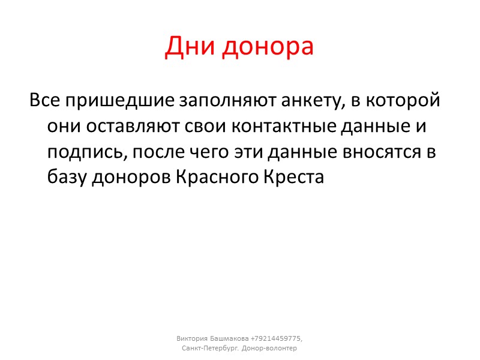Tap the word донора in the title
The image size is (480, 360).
pyautogui.click(x=268, y=46)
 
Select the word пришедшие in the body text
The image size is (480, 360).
pyautogui.click(x=112, y=101)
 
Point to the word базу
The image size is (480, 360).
pyautogui.click(x=67, y=178)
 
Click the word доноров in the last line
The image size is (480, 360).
pyautogui.click(x=131, y=178)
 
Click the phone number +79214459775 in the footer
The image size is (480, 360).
pyautogui.click(x=277, y=337)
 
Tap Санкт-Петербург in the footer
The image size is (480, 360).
pyautogui.click(x=209, y=348)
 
